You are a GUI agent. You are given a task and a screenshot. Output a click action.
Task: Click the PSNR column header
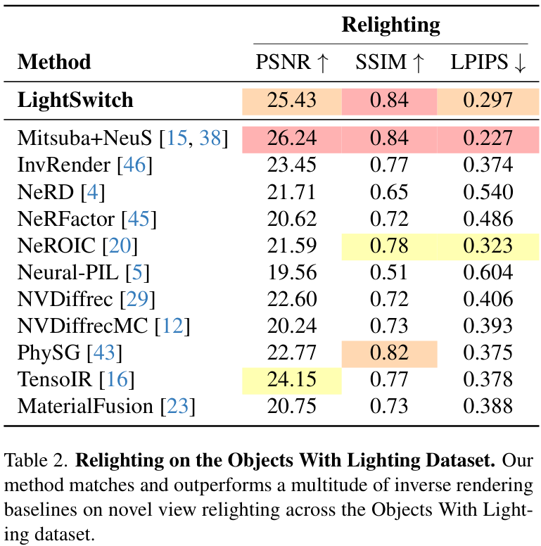pyautogui.click(x=292, y=63)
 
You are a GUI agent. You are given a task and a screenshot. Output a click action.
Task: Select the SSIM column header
pyautogui.click(x=389, y=63)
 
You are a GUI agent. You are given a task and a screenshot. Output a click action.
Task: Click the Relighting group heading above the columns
pyautogui.click(x=390, y=25)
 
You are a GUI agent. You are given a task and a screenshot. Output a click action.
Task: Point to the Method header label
pyautogui.click(x=54, y=62)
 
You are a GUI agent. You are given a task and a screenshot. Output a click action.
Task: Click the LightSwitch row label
pyautogui.click(x=75, y=100)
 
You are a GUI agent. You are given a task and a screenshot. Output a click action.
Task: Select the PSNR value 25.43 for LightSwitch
pyautogui.click(x=291, y=101)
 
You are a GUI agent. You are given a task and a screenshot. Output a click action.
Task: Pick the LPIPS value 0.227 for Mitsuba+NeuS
pyautogui.click(x=488, y=139)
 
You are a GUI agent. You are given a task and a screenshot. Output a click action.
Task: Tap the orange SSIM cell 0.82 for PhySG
pyautogui.click(x=389, y=353)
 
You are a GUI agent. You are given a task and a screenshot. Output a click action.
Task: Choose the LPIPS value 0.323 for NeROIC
pyautogui.click(x=488, y=246)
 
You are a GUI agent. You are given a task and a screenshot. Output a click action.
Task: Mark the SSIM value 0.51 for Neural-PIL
pyautogui.click(x=389, y=273)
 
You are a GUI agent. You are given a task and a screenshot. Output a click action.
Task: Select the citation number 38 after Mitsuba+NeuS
pyautogui.click(x=210, y=139)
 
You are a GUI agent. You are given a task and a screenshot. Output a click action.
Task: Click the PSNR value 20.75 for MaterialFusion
pyautogui.click(x=291, y=407)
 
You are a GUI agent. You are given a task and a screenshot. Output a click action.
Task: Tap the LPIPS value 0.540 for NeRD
pyautogui.click(x=488, y=192)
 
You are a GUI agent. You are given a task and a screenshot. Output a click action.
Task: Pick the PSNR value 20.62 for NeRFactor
pyautogui.click(x=291, y=220)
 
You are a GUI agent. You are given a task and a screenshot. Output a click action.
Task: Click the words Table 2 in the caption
pyautogui.click(x=34, y=461)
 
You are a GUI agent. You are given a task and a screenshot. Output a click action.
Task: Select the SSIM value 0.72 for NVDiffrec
pyautogui.click(x=389, y=300)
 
